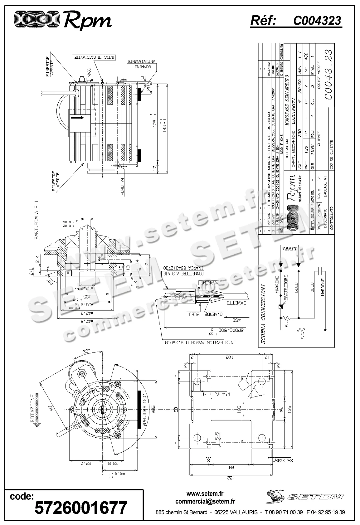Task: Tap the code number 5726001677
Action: [80, 508]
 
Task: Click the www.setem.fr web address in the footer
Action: [205, 494]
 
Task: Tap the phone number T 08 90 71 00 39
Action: [284, 512]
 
